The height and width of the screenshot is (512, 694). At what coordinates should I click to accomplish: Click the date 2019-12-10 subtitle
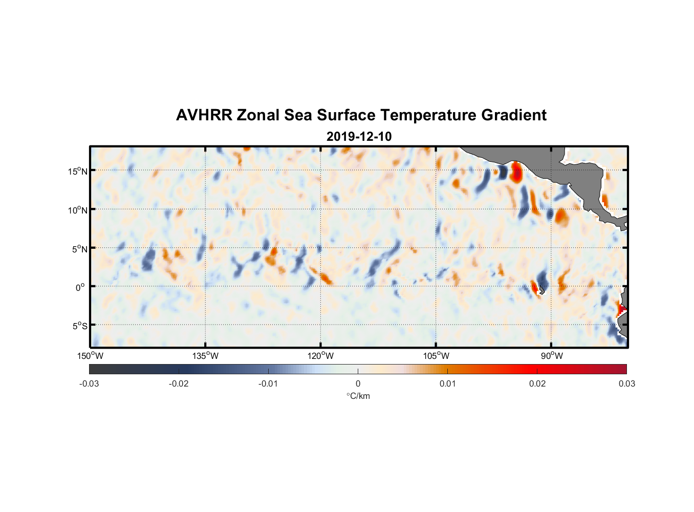[359, 137]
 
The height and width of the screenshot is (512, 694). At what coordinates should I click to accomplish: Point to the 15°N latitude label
[78, 172]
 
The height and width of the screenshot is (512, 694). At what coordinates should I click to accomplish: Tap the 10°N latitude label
[78, 210]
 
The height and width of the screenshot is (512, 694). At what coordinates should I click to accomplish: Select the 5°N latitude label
[79, 249]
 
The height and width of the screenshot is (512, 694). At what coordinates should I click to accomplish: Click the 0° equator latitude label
[80, 287]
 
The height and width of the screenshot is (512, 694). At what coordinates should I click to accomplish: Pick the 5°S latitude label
[79, 326]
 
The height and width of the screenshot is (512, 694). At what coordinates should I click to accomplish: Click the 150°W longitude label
[91, 356]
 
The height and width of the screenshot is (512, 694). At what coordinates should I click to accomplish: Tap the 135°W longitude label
[206, 356]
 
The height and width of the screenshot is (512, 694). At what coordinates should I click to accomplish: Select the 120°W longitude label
[321, 356]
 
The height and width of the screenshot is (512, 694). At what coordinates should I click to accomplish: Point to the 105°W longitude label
[436, 356]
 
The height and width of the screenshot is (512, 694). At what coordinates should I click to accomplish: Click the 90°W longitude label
[551, 356]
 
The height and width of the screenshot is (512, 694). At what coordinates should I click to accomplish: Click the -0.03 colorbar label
[89, 383]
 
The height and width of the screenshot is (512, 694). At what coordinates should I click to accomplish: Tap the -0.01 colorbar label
[268, 383]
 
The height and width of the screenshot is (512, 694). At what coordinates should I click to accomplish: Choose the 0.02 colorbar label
[537, 383]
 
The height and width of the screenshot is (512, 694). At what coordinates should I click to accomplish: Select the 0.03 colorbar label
[626, 383]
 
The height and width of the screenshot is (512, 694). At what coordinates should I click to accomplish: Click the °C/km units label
[358, 396]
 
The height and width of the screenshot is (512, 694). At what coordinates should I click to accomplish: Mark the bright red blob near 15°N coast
[516, 172]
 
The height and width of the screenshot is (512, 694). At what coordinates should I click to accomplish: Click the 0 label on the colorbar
[358, 383]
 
